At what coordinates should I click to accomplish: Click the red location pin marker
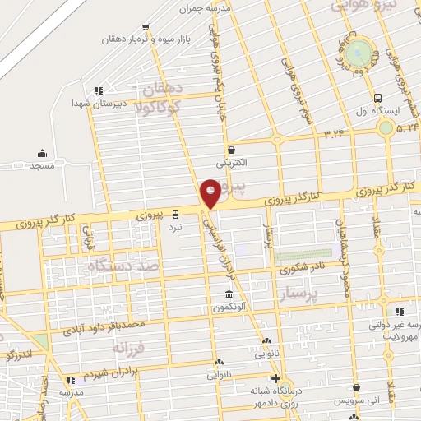tap(210, 192)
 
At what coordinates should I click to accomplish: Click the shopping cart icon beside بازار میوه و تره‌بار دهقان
tap(146, 26)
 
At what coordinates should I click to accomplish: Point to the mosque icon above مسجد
tap(42, 152)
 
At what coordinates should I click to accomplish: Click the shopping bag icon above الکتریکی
tap(232, 150)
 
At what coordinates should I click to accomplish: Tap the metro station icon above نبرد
tap(175, 213)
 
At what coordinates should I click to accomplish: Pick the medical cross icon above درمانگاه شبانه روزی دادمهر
tap(275, 378)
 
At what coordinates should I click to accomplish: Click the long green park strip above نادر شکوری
tap(303, 255)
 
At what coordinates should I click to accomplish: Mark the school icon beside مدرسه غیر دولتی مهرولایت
tap(400, 312)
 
